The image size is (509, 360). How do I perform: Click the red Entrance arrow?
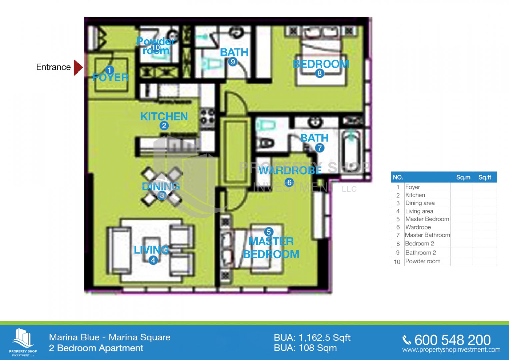coord(78,67)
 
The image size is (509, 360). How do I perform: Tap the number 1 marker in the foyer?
coord(109,70)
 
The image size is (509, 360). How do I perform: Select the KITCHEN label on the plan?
coord(164,117)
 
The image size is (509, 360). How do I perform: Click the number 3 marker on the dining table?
coord(162,195)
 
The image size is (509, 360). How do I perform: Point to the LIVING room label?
coord(151,250)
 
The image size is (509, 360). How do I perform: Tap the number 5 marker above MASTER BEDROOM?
coord(269,232)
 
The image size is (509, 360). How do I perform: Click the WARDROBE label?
coord(290,170)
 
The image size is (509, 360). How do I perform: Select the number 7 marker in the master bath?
coord(319,148)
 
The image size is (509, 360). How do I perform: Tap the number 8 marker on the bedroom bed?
coord(319,73)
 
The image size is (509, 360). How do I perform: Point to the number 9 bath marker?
coord(233,62)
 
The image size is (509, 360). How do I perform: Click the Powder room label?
coord(156,46)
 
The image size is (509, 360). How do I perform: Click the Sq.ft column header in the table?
coord(485,177)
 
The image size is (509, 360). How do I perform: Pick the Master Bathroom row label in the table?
coord(427,235)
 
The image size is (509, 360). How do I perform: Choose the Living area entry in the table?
coord(419,211)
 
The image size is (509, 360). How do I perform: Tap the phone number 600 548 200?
coord(452,340)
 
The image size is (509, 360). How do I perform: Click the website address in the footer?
coord(451,350)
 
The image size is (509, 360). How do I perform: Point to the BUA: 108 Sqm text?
coord(305,348)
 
